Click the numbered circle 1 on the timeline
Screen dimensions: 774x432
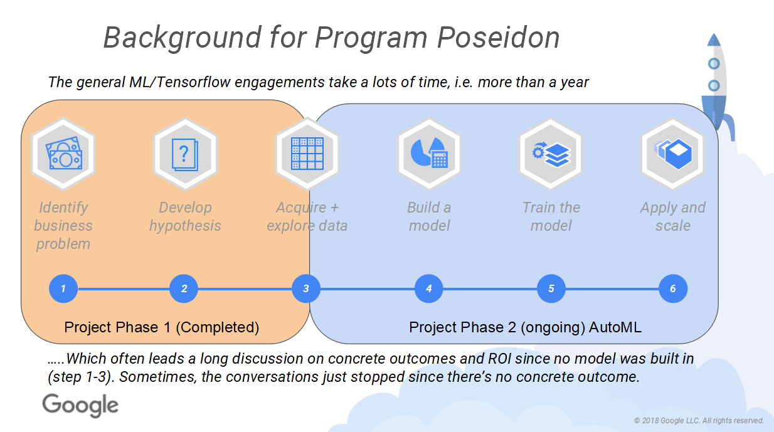pos(63,288)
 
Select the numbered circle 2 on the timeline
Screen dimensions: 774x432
pos(184,288)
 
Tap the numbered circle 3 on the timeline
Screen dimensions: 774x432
pos(306,288)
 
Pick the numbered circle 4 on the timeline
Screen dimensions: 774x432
pos(429,288)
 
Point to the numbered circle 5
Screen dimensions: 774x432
pos(551,288)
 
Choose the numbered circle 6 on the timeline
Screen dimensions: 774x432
pos(673,288)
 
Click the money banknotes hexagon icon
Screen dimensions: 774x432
pos(63,154)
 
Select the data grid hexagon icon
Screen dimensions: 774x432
pos(307,154)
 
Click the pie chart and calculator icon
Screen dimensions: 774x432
pos(429,154)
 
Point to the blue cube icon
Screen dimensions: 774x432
pos(673,154)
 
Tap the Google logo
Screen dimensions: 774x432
pos(80,405)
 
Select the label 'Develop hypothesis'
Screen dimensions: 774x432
pos(185,216)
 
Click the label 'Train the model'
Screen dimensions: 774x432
pos(551,216)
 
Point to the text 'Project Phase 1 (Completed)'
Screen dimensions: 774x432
pos(162,327)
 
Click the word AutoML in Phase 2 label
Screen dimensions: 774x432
pos(615,327)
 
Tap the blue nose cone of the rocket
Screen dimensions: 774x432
pos(714,40)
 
